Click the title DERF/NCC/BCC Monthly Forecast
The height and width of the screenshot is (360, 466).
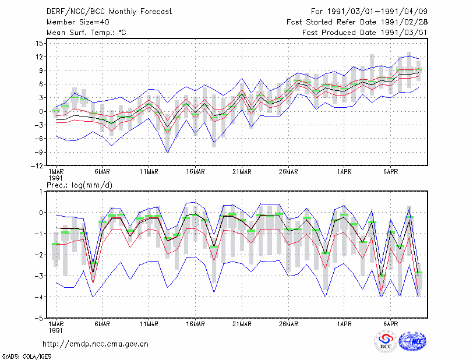pos(109,12)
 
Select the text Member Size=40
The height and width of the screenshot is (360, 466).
pos(78,22)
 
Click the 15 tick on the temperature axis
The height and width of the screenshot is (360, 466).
pos(39,44)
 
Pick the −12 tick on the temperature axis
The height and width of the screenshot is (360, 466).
pos(37,165)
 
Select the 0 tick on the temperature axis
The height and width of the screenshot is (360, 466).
pos(41,111)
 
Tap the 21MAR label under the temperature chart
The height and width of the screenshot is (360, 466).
pos(242,172)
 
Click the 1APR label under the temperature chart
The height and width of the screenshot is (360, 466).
pos(344,172)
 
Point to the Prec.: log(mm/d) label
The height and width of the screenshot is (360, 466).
pos(79,185)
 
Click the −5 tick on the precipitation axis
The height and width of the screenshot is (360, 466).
pos(39,318)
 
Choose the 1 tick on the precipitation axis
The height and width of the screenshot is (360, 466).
pos(41,192)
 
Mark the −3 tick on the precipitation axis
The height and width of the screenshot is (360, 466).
pos(39,276)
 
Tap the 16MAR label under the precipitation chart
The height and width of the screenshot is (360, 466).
pos(196,324)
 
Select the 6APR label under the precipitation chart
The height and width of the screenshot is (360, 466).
pos(390,324)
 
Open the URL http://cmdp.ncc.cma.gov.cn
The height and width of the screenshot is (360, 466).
pos(96,344)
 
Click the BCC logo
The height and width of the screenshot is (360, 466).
pos(386,341)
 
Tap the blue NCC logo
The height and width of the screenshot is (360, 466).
pos(412,341)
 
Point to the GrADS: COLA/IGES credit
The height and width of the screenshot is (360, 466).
pos(26,357)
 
